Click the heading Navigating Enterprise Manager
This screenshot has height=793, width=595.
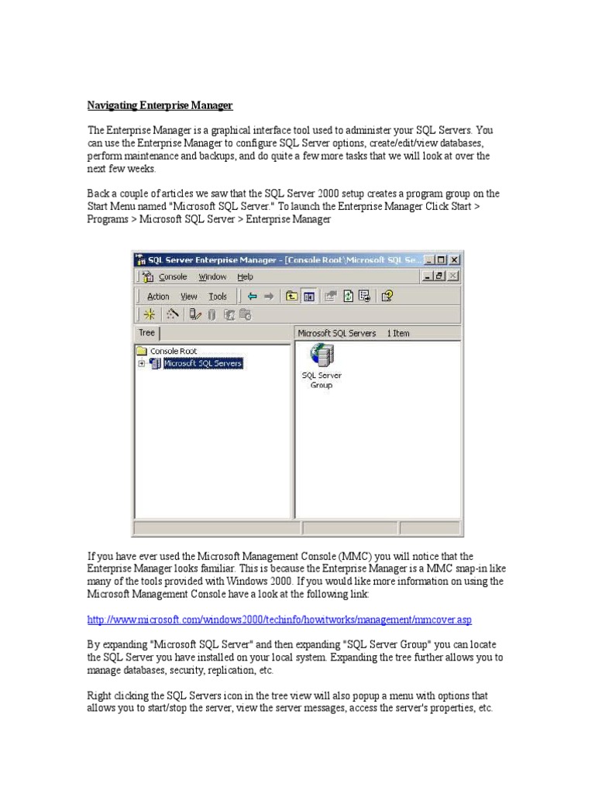point(160,105)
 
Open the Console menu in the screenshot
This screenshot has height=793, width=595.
point(173,276)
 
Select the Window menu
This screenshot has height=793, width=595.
point(212,276)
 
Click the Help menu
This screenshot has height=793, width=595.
point(245,276)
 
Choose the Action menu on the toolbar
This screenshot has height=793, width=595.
point(158,296)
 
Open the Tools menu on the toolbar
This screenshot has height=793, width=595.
point(218,296)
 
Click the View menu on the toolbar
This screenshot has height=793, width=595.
point(189,296)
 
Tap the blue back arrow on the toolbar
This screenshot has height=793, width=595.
point(252,296)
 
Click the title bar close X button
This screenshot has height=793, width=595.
point(455,260)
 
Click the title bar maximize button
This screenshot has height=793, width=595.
point(442,260)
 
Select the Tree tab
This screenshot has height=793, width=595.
point(146,333)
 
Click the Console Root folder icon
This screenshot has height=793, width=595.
point(142,351)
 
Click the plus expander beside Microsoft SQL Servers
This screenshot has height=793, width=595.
point(142,363)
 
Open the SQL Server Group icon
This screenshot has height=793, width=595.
point(321,357)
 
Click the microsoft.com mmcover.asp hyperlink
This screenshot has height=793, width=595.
point(280,620)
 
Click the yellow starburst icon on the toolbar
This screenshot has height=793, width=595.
point(150,314)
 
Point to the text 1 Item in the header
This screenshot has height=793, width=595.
point(398,334)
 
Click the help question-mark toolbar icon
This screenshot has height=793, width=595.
point(387,296)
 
